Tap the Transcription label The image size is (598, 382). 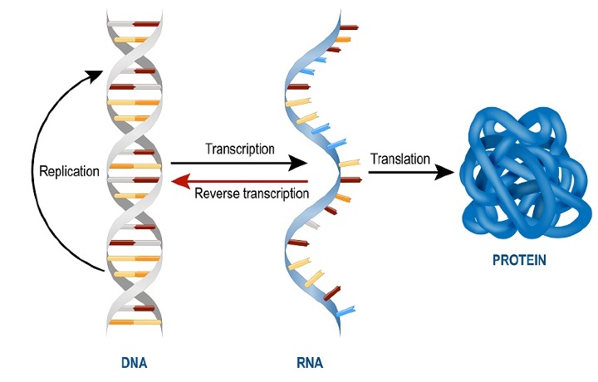(239, 149)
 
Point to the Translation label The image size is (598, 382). (400, 157)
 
